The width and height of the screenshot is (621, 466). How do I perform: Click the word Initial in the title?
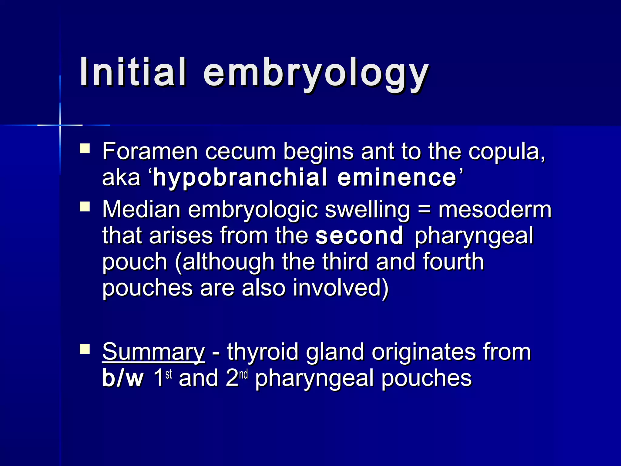coord(133,72)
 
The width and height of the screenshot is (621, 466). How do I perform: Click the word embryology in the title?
coord(316,74)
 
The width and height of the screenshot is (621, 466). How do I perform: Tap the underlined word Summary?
coord(153,352)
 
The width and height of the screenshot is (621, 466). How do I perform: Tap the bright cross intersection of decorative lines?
coord(60,125)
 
